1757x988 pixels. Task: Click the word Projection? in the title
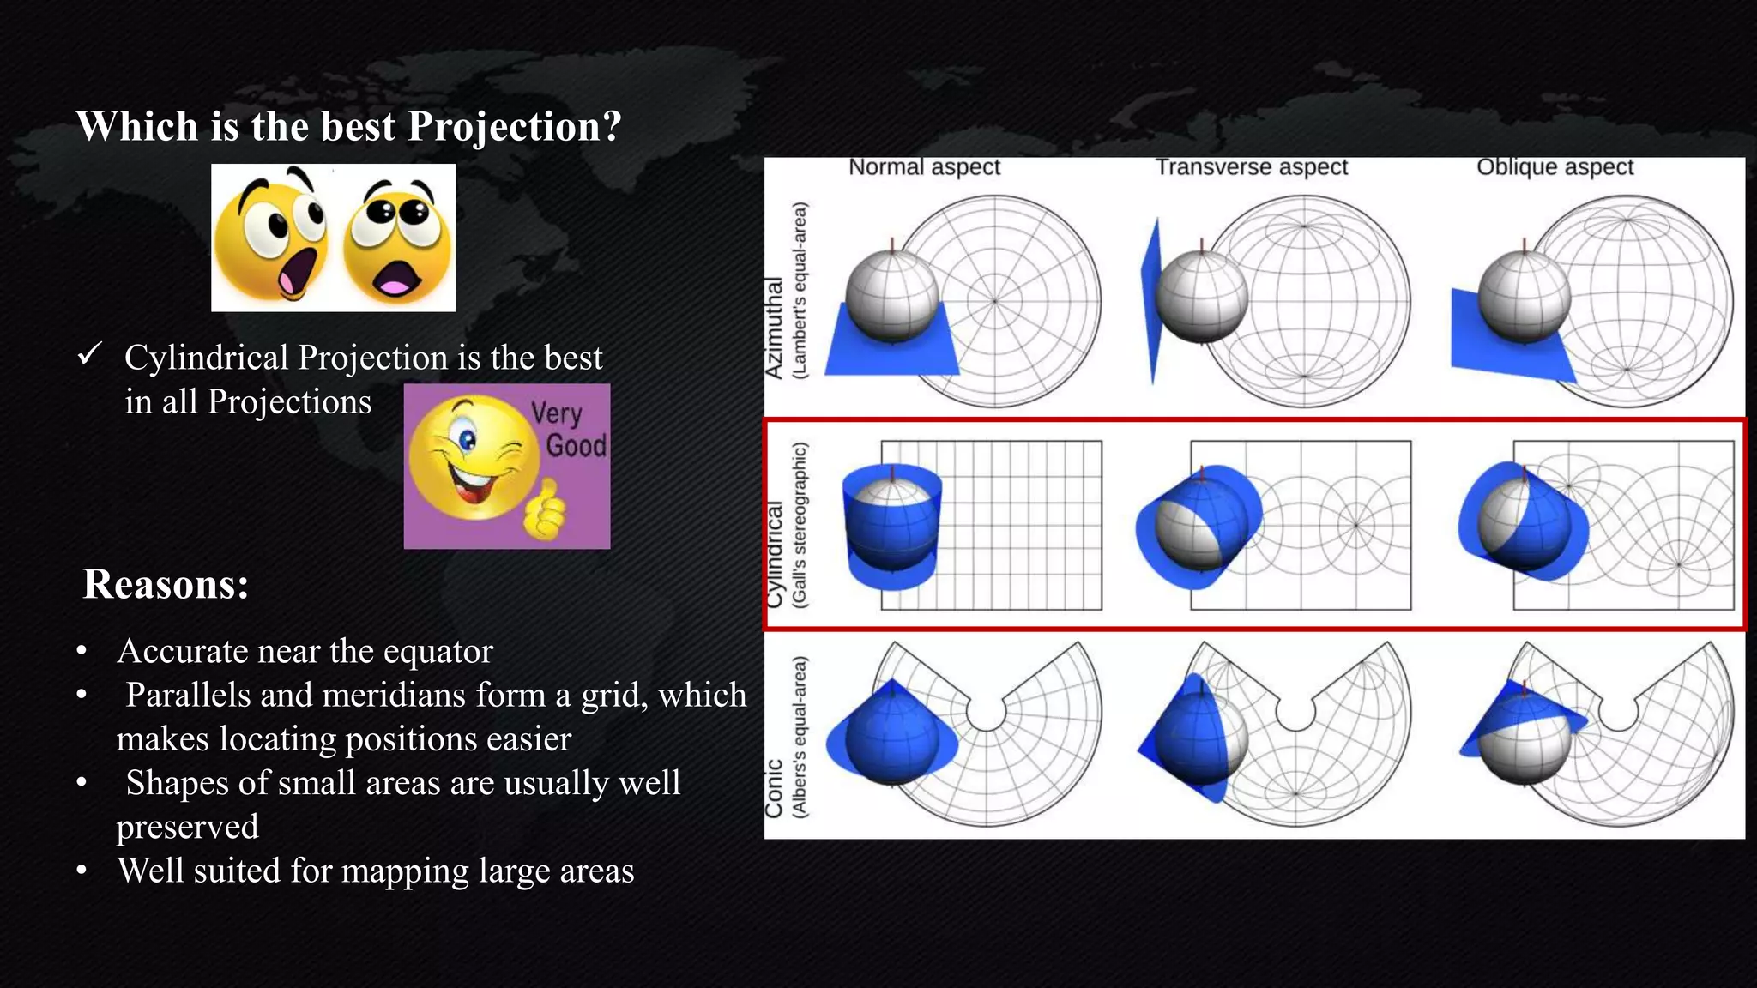click(x=514, y=127)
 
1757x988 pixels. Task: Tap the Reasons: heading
click(x=166, y=585)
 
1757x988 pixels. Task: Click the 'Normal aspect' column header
click(x=924, y=167)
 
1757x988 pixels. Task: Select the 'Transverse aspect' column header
click(x=1251, y=167)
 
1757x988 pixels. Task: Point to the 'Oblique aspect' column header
click(x=1555, y=167)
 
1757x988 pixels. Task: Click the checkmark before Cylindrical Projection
click(x=90, y=353)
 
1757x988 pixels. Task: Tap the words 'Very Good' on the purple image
click(x=567, y=430)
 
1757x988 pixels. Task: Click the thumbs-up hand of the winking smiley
click(x=545, y=509)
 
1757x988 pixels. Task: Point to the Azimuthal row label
click(x=774, y=328)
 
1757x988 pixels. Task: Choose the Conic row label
click(x=774, y=787)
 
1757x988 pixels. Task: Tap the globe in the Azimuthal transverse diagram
click(x=1201, y=297)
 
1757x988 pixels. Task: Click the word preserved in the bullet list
click(x=187, y=828)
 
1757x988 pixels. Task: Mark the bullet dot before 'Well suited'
click(x=82, y=871)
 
